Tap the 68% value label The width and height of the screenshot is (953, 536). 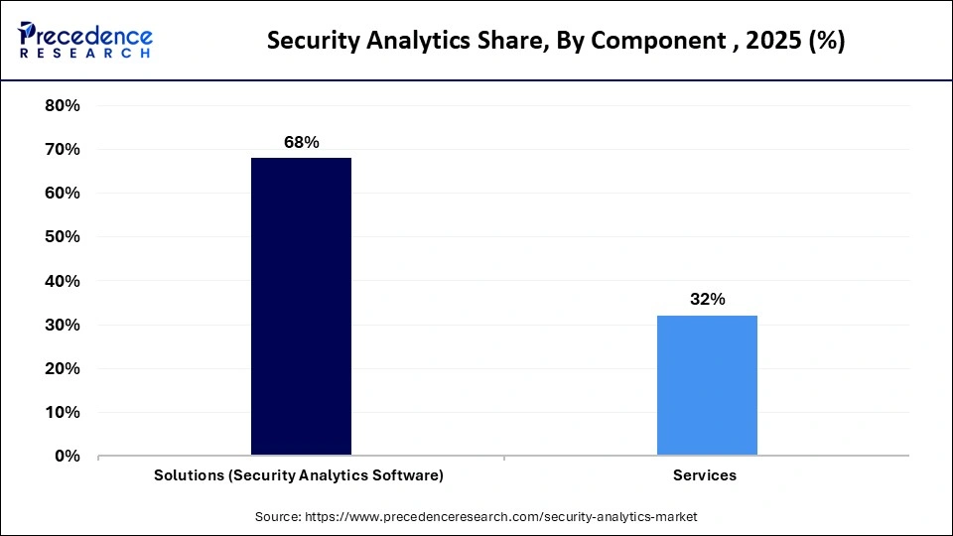click(301, 142)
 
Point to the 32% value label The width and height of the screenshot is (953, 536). click(707, 299)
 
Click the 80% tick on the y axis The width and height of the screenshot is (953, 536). click(63, 105)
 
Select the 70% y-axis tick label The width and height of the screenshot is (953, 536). click(63, 149)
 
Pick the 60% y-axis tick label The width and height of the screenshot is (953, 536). click(63, 193)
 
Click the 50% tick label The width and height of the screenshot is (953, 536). click(63, 236)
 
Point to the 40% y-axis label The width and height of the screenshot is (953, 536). click(63, 281)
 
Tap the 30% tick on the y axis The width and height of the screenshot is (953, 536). click(63, 325)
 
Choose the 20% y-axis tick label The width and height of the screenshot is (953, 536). click(63, 368)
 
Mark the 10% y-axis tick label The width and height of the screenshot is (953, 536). click(63, 412)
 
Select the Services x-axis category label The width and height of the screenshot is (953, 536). click(705, 475)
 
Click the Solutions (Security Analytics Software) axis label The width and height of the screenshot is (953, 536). click(299, 475)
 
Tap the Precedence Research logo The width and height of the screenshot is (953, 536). click(85, 40)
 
